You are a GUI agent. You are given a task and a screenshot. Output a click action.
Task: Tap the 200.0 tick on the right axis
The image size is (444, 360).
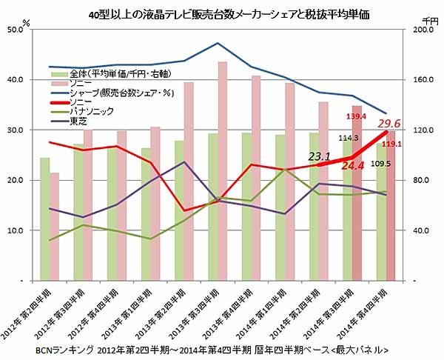[419, 30]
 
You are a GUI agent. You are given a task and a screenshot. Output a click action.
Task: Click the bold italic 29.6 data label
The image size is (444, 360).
[389, 124]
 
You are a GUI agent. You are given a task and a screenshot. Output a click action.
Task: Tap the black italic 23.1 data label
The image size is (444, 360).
[318, 156]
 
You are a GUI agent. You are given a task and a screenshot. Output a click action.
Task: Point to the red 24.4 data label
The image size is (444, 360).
[352, 167]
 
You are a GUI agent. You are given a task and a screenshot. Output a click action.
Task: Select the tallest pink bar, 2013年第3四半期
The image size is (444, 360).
[222, 170]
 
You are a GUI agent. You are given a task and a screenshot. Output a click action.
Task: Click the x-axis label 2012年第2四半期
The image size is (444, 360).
[30, 311]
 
